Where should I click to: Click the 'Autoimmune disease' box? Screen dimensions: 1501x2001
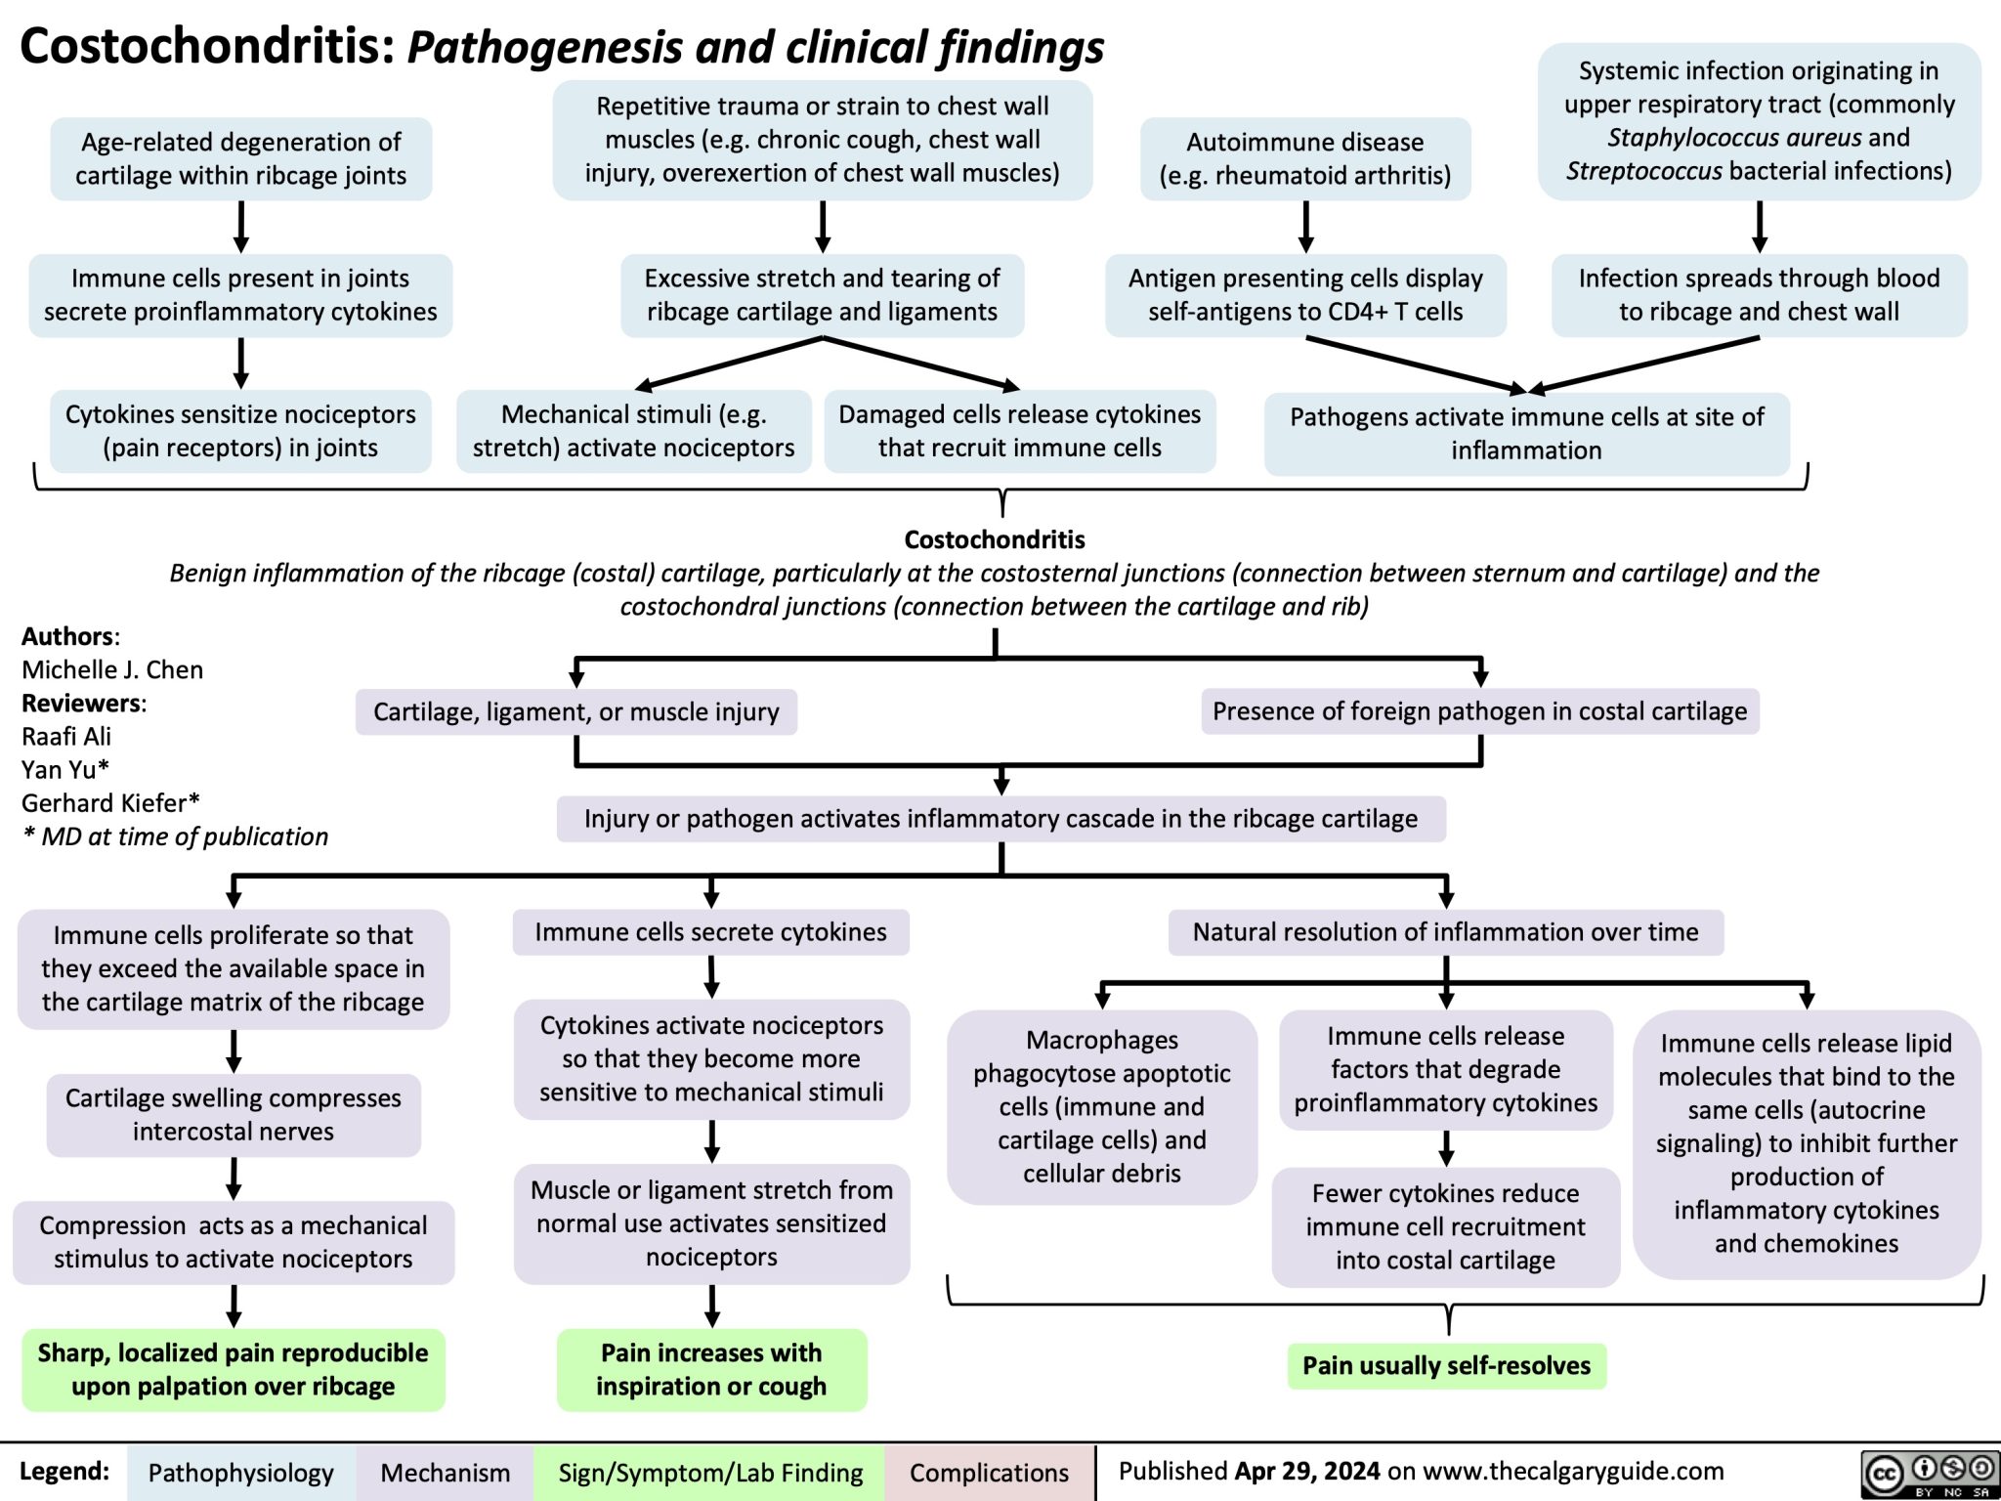1304,158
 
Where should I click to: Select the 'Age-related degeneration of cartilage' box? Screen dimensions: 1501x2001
240,158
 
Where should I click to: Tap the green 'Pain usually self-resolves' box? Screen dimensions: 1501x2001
1446,1365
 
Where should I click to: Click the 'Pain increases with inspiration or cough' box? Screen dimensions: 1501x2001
711,1369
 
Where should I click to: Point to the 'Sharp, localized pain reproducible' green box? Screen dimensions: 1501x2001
233,1369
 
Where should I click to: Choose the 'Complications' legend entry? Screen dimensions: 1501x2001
989,1473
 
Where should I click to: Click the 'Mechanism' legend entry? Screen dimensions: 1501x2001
445,1473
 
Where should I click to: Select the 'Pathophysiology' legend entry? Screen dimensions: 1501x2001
240,1473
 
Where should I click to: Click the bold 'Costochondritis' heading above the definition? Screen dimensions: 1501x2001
994,539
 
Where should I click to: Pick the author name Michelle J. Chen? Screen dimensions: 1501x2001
112,669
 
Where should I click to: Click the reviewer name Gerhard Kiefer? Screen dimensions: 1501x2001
110,803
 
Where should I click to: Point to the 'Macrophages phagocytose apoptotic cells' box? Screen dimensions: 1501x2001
1101,1106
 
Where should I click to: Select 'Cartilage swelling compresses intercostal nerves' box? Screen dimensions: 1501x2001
233,1114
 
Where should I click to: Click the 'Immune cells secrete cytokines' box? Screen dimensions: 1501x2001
710,931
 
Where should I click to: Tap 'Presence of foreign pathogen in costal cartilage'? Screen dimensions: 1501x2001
1479,711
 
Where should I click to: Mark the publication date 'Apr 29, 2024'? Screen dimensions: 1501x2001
1307,1471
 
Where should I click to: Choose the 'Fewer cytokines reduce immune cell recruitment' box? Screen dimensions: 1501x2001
1445,1226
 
